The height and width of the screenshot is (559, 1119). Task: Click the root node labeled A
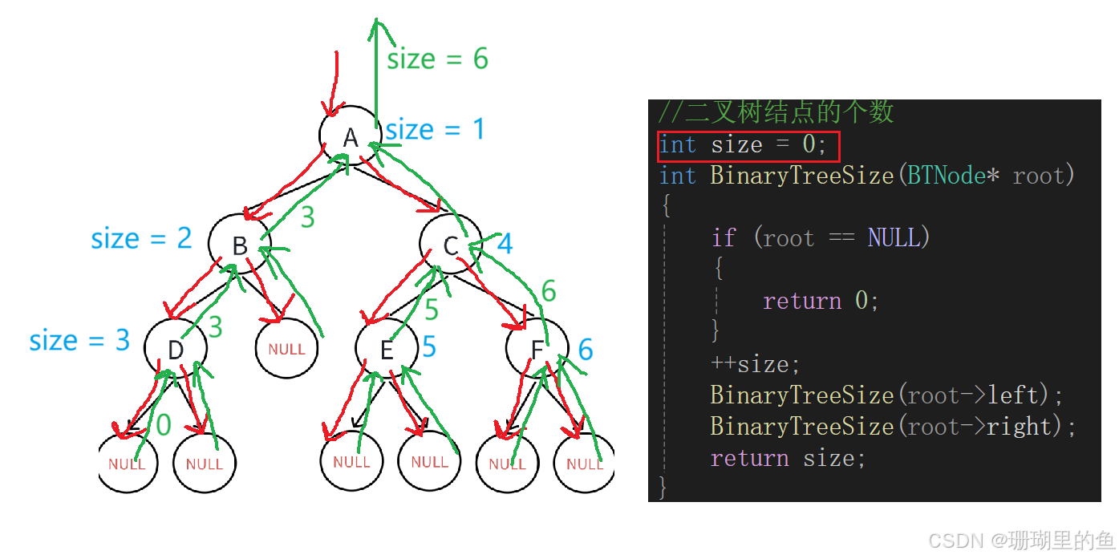pyautogui.click(x=350, y=137)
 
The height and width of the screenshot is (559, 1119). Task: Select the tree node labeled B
pyautogui.click(x=239, y=245)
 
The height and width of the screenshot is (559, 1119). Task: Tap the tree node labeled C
pyautogui.click(x=451, y=245)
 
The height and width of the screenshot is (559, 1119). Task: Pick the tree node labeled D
pyautogui.click(x=176, y=350)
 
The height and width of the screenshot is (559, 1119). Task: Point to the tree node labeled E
pyautogui.click(x=387, y=350)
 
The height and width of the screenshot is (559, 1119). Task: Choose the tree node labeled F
pyautogui.click(x=537, y=350)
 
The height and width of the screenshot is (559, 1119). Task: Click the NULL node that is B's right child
pyautogui.click(x=286, y=349)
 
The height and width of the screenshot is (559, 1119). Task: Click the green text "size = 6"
pyautogui.click(x=437, y=59)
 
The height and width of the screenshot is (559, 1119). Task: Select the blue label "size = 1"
pyautogui.click(x=435, y=129)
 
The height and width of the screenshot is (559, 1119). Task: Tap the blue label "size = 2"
pyautogui.click(x=141, y=238)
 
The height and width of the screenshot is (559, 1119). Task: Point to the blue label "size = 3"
pyautogui.click(x=79, y=340)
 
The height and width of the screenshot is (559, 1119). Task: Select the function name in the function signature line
pyautogui.click(x=801, y=176)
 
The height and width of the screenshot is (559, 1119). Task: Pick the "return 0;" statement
pyautogui.click(x=821, y=301)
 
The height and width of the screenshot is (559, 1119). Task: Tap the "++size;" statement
pyautogui.click(x=755, y=364)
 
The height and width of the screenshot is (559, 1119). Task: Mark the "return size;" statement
pyautogui.click(x=788, y=458)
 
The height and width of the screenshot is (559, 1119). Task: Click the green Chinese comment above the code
pyautogui.click(x=775, y=112)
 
